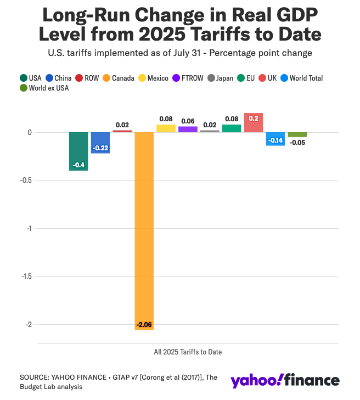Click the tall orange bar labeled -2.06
[144, 230]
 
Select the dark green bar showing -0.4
[78, 151]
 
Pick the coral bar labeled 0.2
[254, 122]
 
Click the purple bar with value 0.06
[188, 129]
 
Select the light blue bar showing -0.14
[275, 139]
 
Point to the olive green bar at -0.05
[297, 134]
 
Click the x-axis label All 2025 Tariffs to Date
[188, 351]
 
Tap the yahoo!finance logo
[285, 381]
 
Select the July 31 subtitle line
[179, 53]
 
